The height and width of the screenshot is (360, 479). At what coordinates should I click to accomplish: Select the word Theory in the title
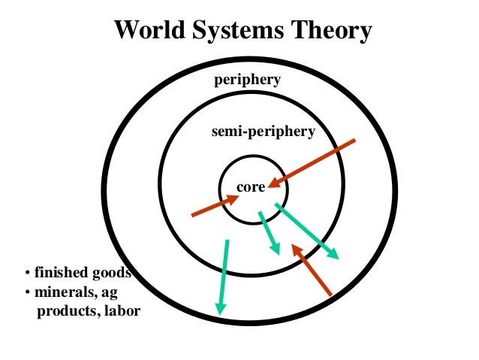click(331, 32)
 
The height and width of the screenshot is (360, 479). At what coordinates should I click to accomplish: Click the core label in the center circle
click(251, 187)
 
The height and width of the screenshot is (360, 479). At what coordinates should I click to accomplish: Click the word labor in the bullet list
click(122, 310)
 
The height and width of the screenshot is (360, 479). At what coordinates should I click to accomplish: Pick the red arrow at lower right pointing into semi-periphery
click(312, 268)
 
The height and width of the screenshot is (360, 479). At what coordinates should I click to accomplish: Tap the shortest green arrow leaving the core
click(269, 233)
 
